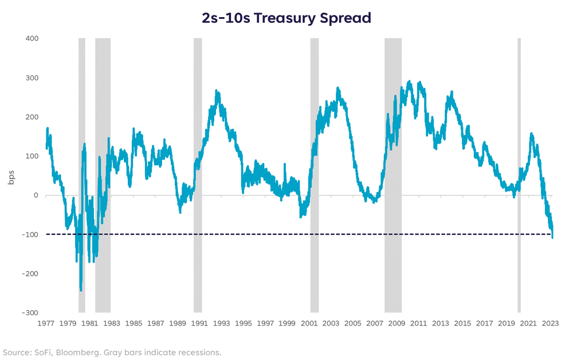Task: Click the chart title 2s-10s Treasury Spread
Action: (x=286, y=18)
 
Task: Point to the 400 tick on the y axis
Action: (x=31, y=38)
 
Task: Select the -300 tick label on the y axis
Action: (x=30, y=312)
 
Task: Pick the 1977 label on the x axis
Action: (x=46, y=323)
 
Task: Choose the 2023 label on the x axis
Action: (x=551, y=323)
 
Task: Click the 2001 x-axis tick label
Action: (x=309, y=323)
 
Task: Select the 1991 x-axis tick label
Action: (x=200, y=323)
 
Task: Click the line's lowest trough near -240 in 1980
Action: (x=81, y=289)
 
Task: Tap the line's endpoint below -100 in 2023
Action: (x=552, y=237)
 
